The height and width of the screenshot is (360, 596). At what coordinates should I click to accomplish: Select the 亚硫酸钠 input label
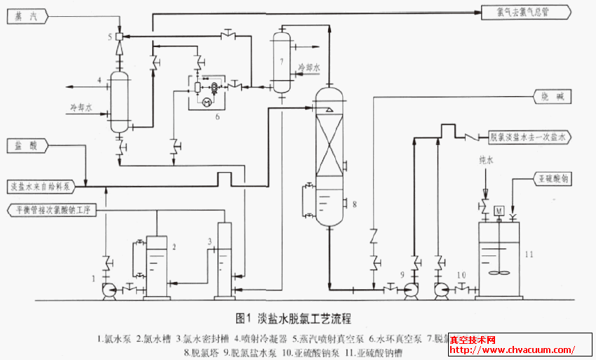tap(553, 180)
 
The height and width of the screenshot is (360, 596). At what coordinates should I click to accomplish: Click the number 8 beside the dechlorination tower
tap(355, 204)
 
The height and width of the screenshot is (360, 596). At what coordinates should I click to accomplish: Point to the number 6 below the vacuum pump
tap(217, 116)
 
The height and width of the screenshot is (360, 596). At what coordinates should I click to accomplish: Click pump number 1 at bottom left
tap(109, 290)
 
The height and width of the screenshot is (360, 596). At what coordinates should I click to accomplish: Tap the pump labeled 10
tap(441, 289)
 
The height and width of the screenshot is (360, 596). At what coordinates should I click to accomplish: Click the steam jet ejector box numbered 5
tap(119, 36)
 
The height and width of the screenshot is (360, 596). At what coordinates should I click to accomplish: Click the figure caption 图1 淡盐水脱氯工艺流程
tap(294, 317)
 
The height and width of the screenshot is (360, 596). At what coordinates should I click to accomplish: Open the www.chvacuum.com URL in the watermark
tap(512, 349)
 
